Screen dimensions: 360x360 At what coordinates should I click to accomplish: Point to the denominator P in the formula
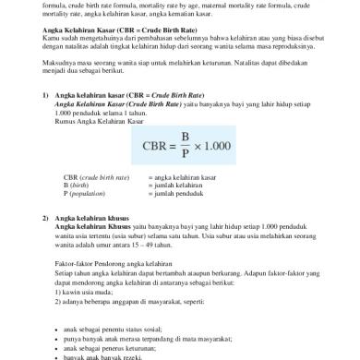coord(185,154)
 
